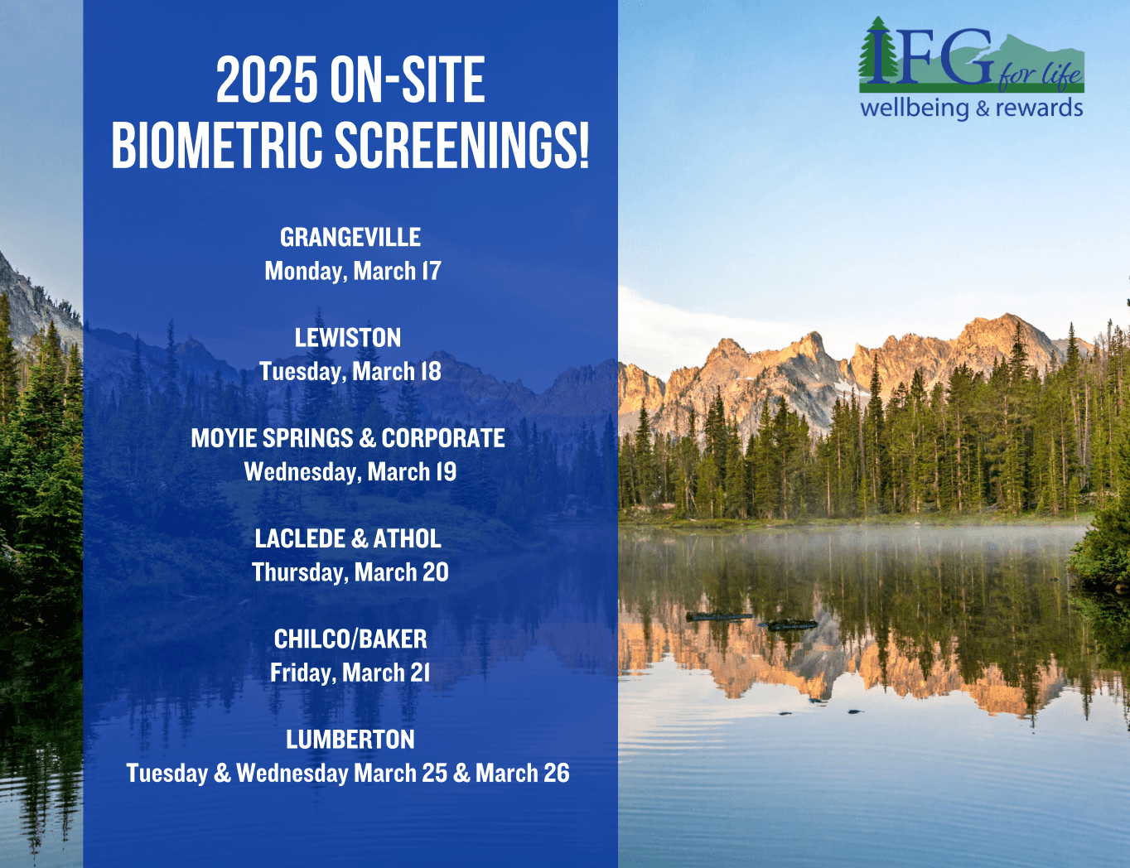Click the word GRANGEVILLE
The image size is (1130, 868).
click(x=350, y=237)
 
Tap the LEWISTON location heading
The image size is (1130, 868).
click(x=348, y=338)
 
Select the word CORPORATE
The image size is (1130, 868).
click(x=443, y=438)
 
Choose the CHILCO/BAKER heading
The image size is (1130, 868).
click(x=350, y=639)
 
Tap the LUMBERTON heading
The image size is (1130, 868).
click(x=350, y=739)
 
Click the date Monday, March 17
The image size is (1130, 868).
click(x=353, y=272)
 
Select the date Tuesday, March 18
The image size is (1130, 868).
click(x=350, y=372)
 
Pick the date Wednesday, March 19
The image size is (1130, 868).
click(x=350, y=472)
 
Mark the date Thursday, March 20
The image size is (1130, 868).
click(x=350, y=572)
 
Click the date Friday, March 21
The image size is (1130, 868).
click(x=350, y=673)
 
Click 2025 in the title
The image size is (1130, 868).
click(x=267, y=80)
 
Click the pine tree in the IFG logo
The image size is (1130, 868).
click(x=878, y=50)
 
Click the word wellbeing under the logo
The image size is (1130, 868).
click(x=915, y=108)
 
